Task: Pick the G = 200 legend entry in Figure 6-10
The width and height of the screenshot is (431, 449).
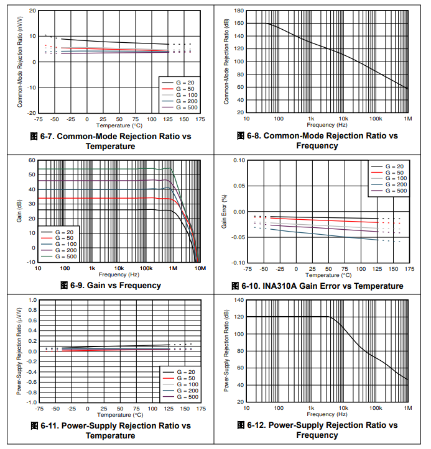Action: (x=395, y=185)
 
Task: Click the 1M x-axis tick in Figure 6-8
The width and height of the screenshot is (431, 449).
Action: (x=408, y=118)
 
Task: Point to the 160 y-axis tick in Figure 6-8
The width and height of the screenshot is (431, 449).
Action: (x=238, y=24)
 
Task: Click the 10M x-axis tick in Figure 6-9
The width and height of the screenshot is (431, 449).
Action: (x=200, y=268)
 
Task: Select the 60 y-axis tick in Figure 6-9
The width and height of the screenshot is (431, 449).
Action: (x=32, y=160)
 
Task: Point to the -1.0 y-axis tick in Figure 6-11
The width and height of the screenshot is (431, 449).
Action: (x=30, y=402)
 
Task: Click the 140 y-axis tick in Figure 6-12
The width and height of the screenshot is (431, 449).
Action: (x=238, y=300)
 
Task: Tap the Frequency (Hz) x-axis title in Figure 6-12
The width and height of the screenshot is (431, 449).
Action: (x=326, y=413)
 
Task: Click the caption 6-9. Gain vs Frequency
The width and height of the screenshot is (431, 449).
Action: (x=110, y=286)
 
